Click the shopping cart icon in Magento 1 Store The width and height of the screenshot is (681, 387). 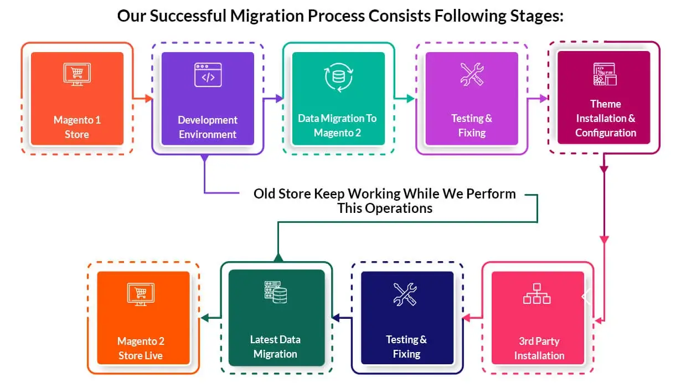[x=77, y=75]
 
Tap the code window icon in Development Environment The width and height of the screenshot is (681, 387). [x=208, y=75]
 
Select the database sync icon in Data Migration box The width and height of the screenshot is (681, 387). [x=338, y=77]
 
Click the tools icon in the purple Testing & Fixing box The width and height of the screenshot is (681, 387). [x=472, y=75]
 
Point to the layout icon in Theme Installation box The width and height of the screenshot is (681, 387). [x=605, y=74]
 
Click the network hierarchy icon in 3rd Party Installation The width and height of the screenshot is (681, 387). [x=536, y=294]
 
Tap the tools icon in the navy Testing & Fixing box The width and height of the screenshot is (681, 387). [x=405, y=294]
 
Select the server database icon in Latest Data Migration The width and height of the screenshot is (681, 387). [x=275, y=292]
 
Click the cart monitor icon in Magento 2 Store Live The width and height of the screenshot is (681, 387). [x=141, y=294]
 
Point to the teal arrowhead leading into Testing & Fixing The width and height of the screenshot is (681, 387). [x=410, y=99]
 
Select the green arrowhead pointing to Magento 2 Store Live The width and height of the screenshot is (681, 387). [x=204, y=318]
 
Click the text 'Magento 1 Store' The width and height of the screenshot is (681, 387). [x=77, y=127]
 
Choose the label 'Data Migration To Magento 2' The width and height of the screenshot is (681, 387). [x=337, y=125]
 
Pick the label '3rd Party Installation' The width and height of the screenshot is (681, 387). [x=539, y=348]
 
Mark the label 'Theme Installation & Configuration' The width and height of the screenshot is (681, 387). [x=605, y=118]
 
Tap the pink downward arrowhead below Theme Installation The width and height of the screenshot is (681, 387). [x=604, y=240]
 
